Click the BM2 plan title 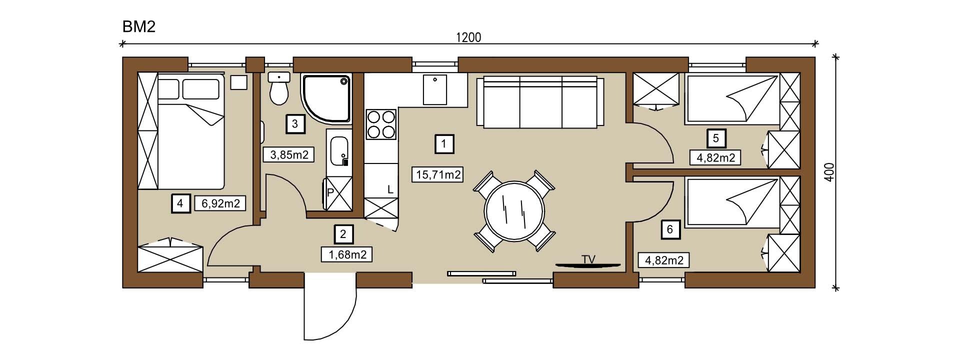pos(139,26)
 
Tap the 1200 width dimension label pos(468,37)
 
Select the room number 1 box pos(444,144)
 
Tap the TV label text pos(588,258)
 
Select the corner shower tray pos(326,98)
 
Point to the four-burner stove pos(381,124)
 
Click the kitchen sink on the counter pos(435,89)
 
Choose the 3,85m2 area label pos(288,154)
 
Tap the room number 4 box pos(181,203)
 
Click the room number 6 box pos(670,229)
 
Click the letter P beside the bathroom pos(330,192)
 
